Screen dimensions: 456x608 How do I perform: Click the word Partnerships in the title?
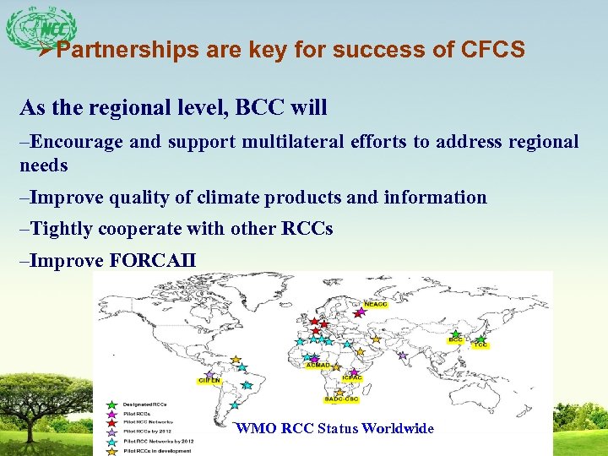[x=130, y=50]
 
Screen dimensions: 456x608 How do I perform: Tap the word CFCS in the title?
[x=493, y=50]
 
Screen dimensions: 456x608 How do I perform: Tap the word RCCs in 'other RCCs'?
[x=309, y=229]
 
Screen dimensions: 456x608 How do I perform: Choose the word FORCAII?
[x=153, y=260]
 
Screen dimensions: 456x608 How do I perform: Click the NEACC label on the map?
[x=376, y=305]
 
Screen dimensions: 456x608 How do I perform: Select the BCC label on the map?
[x=456, y=340]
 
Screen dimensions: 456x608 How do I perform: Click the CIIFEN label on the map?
[x=209, y=381]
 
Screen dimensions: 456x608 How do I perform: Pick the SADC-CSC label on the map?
[x=341, y=399]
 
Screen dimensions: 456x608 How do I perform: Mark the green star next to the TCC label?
[x=480, y=337]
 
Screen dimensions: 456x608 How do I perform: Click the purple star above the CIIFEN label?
[x=209, y=372]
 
